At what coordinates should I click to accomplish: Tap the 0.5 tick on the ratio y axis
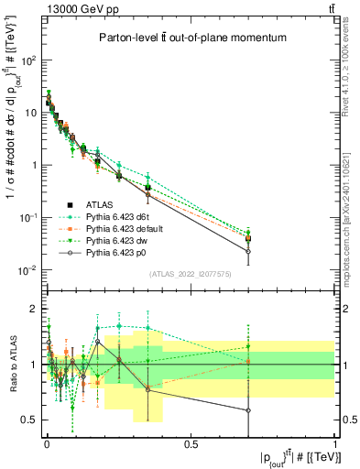pos(30,420)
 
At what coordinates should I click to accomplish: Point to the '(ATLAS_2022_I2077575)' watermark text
pos(191,274)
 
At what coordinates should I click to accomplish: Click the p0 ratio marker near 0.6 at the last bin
pos(247,409)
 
